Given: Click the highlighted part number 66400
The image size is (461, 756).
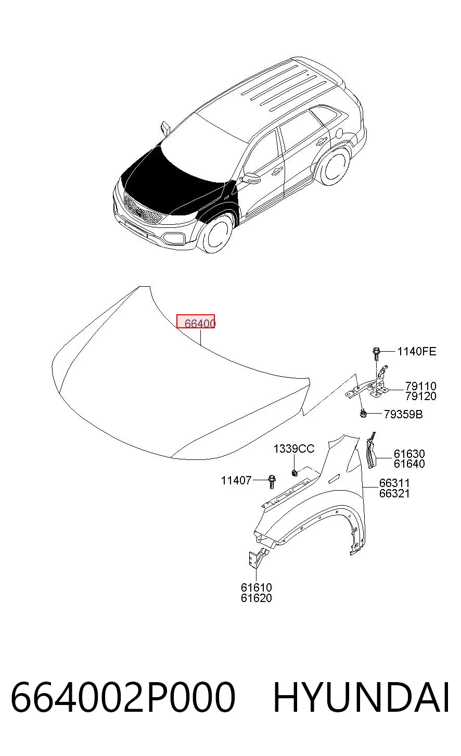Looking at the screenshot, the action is coord(200,323).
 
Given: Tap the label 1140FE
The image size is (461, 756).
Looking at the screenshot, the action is coord(416,351).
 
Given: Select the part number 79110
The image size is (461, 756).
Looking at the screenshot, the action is coord(421,386).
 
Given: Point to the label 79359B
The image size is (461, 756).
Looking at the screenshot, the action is coord(403,414).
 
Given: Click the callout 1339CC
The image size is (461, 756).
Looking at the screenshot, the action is coord(293,449).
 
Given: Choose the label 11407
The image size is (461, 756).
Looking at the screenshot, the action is coord(236,480).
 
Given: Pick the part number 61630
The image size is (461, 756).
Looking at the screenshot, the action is coord(409,454).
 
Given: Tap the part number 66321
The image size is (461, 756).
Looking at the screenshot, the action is coord(394,493).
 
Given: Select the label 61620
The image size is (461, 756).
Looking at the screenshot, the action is coord(256,598).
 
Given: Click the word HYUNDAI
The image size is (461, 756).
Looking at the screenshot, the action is coord(361,697).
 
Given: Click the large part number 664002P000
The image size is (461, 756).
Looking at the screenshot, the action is coord(123,697).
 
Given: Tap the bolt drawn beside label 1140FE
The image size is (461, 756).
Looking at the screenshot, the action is coord(376,354).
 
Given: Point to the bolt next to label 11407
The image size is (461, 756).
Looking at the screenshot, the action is coord(272,481).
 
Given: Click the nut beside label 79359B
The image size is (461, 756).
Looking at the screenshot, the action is coord(363,414).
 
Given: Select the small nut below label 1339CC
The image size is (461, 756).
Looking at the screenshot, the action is coord(294,473).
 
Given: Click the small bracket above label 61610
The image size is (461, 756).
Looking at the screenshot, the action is coord(258,559).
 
